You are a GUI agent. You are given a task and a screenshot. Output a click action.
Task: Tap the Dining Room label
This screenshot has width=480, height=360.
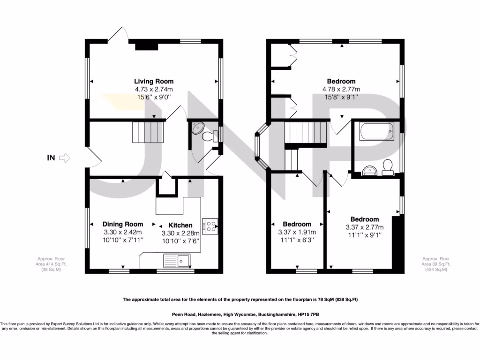pos(123,224)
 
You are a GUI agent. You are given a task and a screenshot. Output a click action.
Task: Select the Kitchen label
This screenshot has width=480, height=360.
pos(180,225)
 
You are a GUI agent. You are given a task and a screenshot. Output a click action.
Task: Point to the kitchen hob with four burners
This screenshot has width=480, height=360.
pos(210,225)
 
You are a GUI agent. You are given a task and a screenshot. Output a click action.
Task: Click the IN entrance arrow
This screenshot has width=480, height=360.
pos(65,158)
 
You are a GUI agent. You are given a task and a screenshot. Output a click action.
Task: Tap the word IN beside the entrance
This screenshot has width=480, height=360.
pos(51,158)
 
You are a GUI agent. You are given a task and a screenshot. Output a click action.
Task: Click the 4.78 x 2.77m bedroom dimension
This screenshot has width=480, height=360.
pos(341,90)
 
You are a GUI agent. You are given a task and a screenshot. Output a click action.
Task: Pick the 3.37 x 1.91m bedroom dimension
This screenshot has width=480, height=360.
pos(297,232)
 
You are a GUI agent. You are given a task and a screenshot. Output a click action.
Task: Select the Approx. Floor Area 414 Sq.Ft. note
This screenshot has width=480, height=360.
pos(52,264)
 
